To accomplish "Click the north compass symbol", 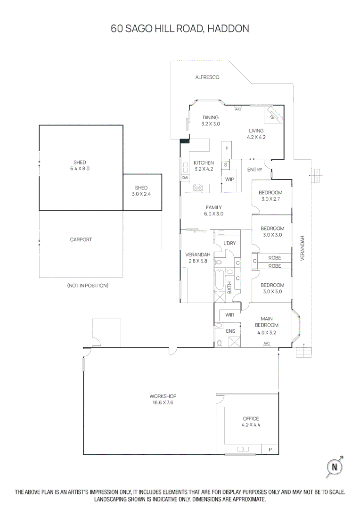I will [335, 467].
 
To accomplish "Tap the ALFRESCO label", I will [207, 77].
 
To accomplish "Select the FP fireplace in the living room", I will [273, 115].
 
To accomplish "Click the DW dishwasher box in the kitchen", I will [185, 178].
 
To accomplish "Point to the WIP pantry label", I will [229, 180].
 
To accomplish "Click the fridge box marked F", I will [227, 149].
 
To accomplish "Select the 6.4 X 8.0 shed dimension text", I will [80, 168].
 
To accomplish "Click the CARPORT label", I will [81, 239].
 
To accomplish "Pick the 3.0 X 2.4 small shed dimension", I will [141, 194].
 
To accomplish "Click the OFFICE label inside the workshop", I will [251, 419].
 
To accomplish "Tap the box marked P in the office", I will [270, 450].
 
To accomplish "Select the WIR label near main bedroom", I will [230, 315].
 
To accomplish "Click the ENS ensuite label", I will [230, 331].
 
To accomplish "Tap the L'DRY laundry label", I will [229, 243].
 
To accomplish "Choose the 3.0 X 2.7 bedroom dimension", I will [271, 199].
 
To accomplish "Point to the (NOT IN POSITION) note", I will [88, 286].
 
